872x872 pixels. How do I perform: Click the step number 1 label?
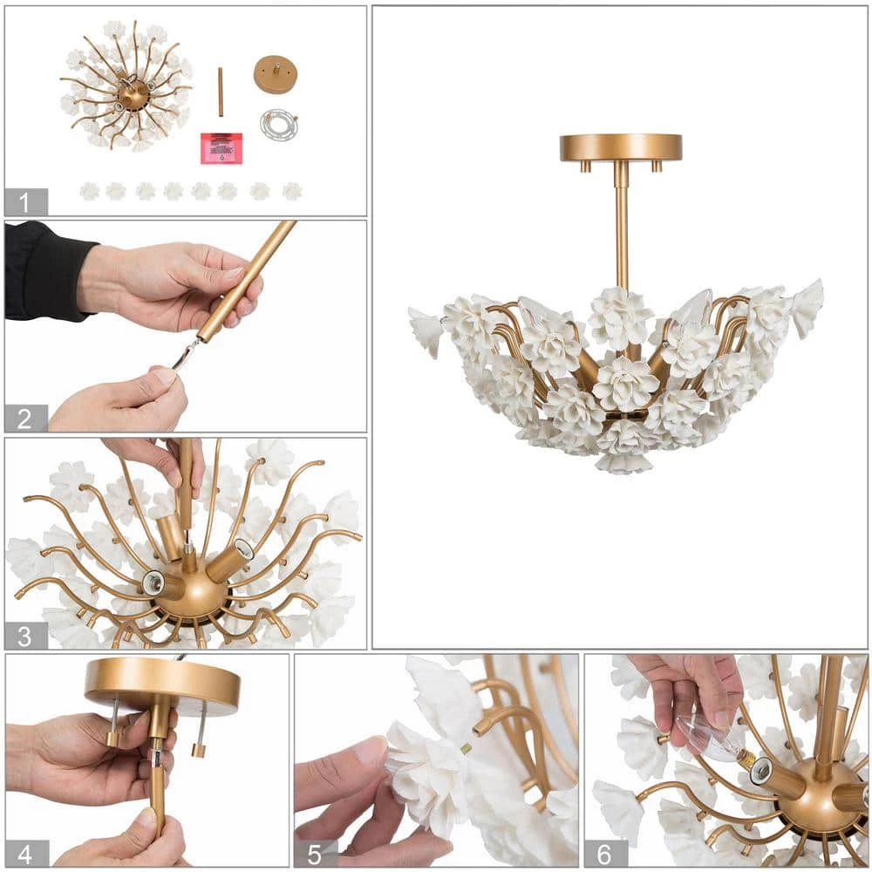click(x=25, y=202)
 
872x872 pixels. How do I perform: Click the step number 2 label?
click(x=25, y=418)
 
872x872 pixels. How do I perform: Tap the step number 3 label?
click(x=25, y=636)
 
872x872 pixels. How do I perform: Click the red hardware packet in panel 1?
click(x=221, y=148)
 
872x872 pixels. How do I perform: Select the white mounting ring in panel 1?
click(x=278, y=125)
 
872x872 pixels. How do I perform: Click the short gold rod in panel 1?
click(x=221, y=92)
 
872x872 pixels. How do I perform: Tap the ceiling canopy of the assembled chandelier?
click(x=621, y=147)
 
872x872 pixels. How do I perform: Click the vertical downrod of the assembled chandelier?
click(x=621, y=227)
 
